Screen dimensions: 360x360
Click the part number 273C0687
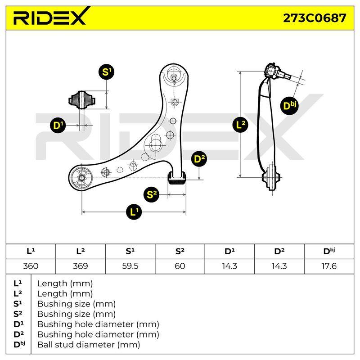pyautogui.click(x=314, y=18)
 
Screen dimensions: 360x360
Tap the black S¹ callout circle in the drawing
pyautogui.click(x=106, y=72)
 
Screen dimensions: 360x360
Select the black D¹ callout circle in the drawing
pyautogui.click(x=58, y=126)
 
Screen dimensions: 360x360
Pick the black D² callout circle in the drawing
pyautogui.click(x=199, y=159)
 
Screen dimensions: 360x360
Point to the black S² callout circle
pyautogui.click(x=151, y=194)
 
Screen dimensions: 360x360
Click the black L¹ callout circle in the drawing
pyautogui.click(x=134, y=211)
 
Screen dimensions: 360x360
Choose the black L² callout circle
pyautogui.click(x=240, y=125)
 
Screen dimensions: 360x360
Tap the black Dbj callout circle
pyautogui.click(x=289, y=106)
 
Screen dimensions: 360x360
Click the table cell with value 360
pyautogui.click(x=31, y=266)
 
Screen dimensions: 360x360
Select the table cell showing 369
pyautogui.click(x=81, y=266)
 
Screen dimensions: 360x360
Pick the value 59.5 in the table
pyautogui.click(x=130, y=266)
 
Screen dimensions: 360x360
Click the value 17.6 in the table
pyautogui.click(x=329, y=266)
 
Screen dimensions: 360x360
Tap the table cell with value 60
pyautogui.click(x=180, y=266)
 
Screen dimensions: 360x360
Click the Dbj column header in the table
pyautogui.click(x=329, y=251)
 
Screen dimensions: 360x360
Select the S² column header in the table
pyautogui.click(x=180, y=251)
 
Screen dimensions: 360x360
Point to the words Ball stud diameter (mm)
pyautogui.click(x=89, y=345)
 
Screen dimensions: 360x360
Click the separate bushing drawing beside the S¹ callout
pyautogui.click(x=82, y=100)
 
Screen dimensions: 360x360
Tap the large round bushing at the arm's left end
pyautogui.click(x=81, y=178)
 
